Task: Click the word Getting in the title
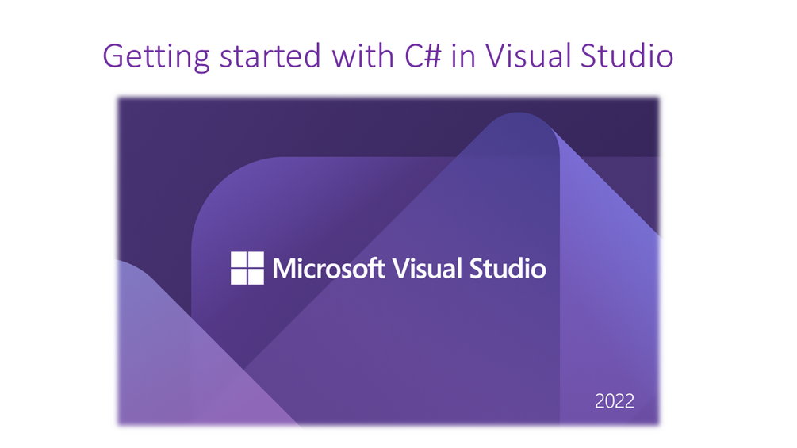[x=156, y=56]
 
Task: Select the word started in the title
[x=270, y=56]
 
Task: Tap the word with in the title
[x=362, y=55]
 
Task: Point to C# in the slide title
[x=423, y=56]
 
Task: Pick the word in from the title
[x=463, y=56]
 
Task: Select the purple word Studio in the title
[x=626, y=55]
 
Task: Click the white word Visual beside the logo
[x=427, y=268]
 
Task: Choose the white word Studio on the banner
[x=508, y=268]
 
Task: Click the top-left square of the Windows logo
[x=239, y=259]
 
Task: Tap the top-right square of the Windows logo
[x=255, y=259]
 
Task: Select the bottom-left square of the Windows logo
[x=239, y=276]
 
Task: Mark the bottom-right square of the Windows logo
[x=255, y=276]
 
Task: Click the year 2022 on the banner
[x=615, y=401]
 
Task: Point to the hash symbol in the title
[x=432, y=56]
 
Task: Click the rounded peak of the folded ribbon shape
[x=519, y=120]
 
